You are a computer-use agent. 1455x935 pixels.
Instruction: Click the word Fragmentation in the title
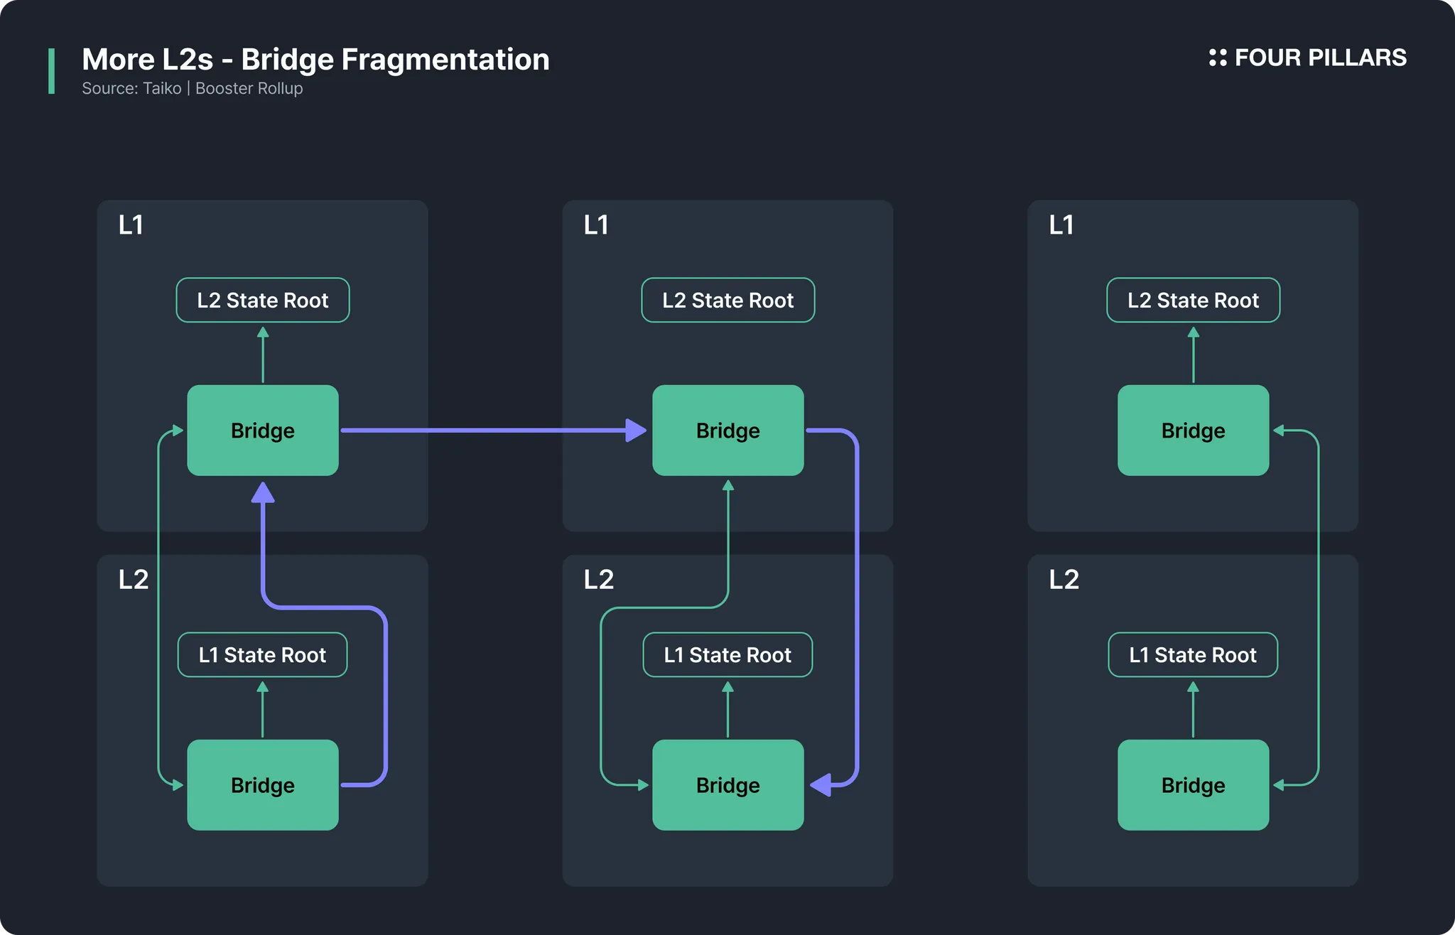[445, 60]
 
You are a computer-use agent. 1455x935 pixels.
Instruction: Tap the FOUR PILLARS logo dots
[1218, 58]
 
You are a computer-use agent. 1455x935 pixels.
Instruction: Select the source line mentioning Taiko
[193, 88]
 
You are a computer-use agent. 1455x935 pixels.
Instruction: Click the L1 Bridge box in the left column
[263, 431]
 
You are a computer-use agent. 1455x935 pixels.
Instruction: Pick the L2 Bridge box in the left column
[263, 785]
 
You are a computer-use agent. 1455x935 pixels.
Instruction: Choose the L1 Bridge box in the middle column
[728, 431]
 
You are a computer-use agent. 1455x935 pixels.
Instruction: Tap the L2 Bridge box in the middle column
[728, 785]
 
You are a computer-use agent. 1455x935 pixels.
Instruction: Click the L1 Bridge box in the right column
[1194, 431]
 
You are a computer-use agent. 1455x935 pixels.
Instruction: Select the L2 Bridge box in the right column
[1194, 785]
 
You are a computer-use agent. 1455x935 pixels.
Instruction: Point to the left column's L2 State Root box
[263, 300]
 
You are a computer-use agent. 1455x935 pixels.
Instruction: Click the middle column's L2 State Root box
[728, 300]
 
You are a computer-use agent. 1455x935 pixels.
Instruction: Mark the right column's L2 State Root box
[1194, 300]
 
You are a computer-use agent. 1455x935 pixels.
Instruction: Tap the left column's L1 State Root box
[263, 654]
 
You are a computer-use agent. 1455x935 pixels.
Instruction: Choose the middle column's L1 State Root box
[728, 654]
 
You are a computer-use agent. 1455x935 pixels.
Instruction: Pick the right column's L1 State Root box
[1194, 654]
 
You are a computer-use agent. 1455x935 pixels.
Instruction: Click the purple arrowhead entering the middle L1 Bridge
[636, 431]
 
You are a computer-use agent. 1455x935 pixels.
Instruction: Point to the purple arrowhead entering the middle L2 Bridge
[821, 785]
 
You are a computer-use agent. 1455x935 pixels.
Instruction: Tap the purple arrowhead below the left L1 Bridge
[263, 492]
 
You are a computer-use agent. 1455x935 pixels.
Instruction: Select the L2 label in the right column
[1064, 580]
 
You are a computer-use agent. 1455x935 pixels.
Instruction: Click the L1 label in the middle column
[596, 225]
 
